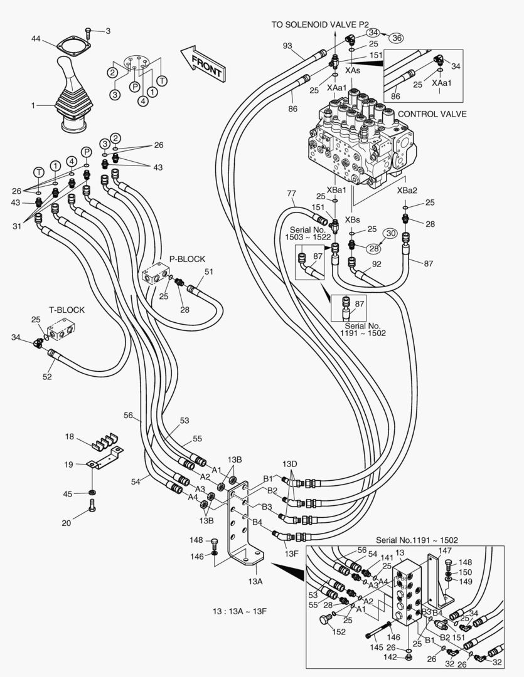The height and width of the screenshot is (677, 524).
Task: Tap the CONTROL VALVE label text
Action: coord(432,113)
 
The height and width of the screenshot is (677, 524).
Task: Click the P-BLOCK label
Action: coord(187,258)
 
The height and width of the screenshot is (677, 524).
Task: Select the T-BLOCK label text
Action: coord(67,310)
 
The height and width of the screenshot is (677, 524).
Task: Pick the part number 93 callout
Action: coord(287,46)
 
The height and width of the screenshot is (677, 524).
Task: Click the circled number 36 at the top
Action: coord(395,38)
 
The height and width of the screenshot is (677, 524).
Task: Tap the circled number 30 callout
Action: coord(390,233)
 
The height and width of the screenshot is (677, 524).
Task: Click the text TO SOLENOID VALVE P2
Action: coord(320,24)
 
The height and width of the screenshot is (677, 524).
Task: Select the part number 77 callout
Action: coord(291,193)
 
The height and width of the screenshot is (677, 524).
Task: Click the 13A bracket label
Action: coord(255,581)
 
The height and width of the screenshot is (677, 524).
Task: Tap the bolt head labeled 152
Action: coord(324,620)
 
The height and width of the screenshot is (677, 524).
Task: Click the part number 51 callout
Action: coord(209,271)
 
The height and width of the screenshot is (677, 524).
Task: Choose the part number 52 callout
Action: coord(47,376)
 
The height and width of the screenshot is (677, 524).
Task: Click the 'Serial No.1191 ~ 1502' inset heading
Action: coord(417,539)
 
